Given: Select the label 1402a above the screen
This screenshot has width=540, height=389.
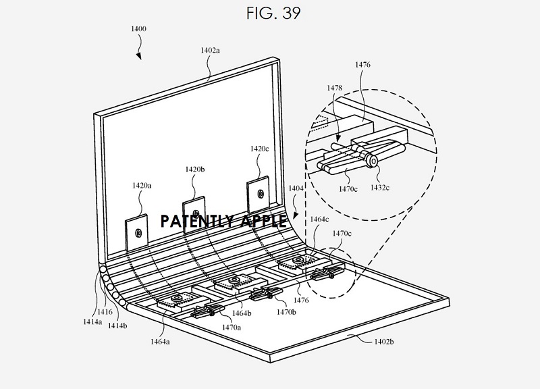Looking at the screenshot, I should [x=210, y=49].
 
